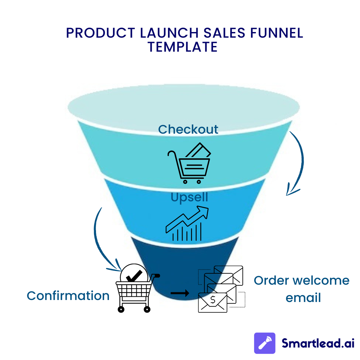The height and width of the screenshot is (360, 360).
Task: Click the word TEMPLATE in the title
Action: click(183, 47)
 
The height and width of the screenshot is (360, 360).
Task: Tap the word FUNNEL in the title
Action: click(277, 33)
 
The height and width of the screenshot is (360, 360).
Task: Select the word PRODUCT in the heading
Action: click(101, 33)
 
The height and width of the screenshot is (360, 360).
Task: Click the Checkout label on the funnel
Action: click(188, 129)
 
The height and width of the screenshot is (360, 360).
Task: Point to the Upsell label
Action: click(189, 197)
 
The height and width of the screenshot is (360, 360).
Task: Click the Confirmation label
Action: click(68, 296)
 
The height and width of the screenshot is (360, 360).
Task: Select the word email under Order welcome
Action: click(303, 298)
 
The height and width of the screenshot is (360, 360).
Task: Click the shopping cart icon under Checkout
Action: click(189, 163)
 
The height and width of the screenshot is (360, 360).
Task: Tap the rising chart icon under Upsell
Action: click(187, 223)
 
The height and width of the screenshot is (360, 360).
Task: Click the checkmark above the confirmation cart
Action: click(134, 276)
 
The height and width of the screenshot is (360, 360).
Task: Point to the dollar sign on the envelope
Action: click(213, 300)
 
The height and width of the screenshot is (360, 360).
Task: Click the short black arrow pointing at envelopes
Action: click(180, 293)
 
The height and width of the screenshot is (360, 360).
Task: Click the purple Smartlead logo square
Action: click(264, 343)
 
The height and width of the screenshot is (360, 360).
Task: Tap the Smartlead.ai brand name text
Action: click(318, 343)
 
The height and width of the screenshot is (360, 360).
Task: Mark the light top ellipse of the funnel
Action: click(184, 107)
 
